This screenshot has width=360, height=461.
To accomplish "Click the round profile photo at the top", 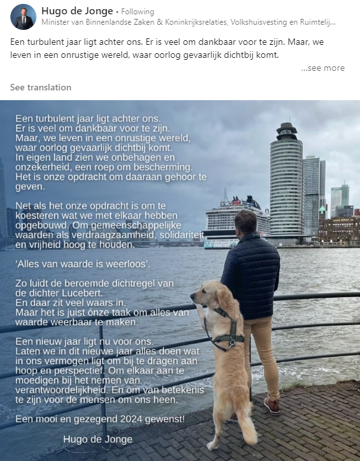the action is [23, 17].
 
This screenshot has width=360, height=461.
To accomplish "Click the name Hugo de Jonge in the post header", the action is [76, 11].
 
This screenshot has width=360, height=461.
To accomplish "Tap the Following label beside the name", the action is [138, 12].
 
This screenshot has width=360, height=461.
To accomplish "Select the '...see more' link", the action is [323, 68].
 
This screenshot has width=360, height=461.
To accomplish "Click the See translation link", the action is [41, 87].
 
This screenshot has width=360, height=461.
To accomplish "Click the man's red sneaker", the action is [272, 405].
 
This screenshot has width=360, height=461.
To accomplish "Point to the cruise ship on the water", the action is [237, 221].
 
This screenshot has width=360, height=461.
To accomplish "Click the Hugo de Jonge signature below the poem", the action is [97, 439].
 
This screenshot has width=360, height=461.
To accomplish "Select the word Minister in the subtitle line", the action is [56, 22].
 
